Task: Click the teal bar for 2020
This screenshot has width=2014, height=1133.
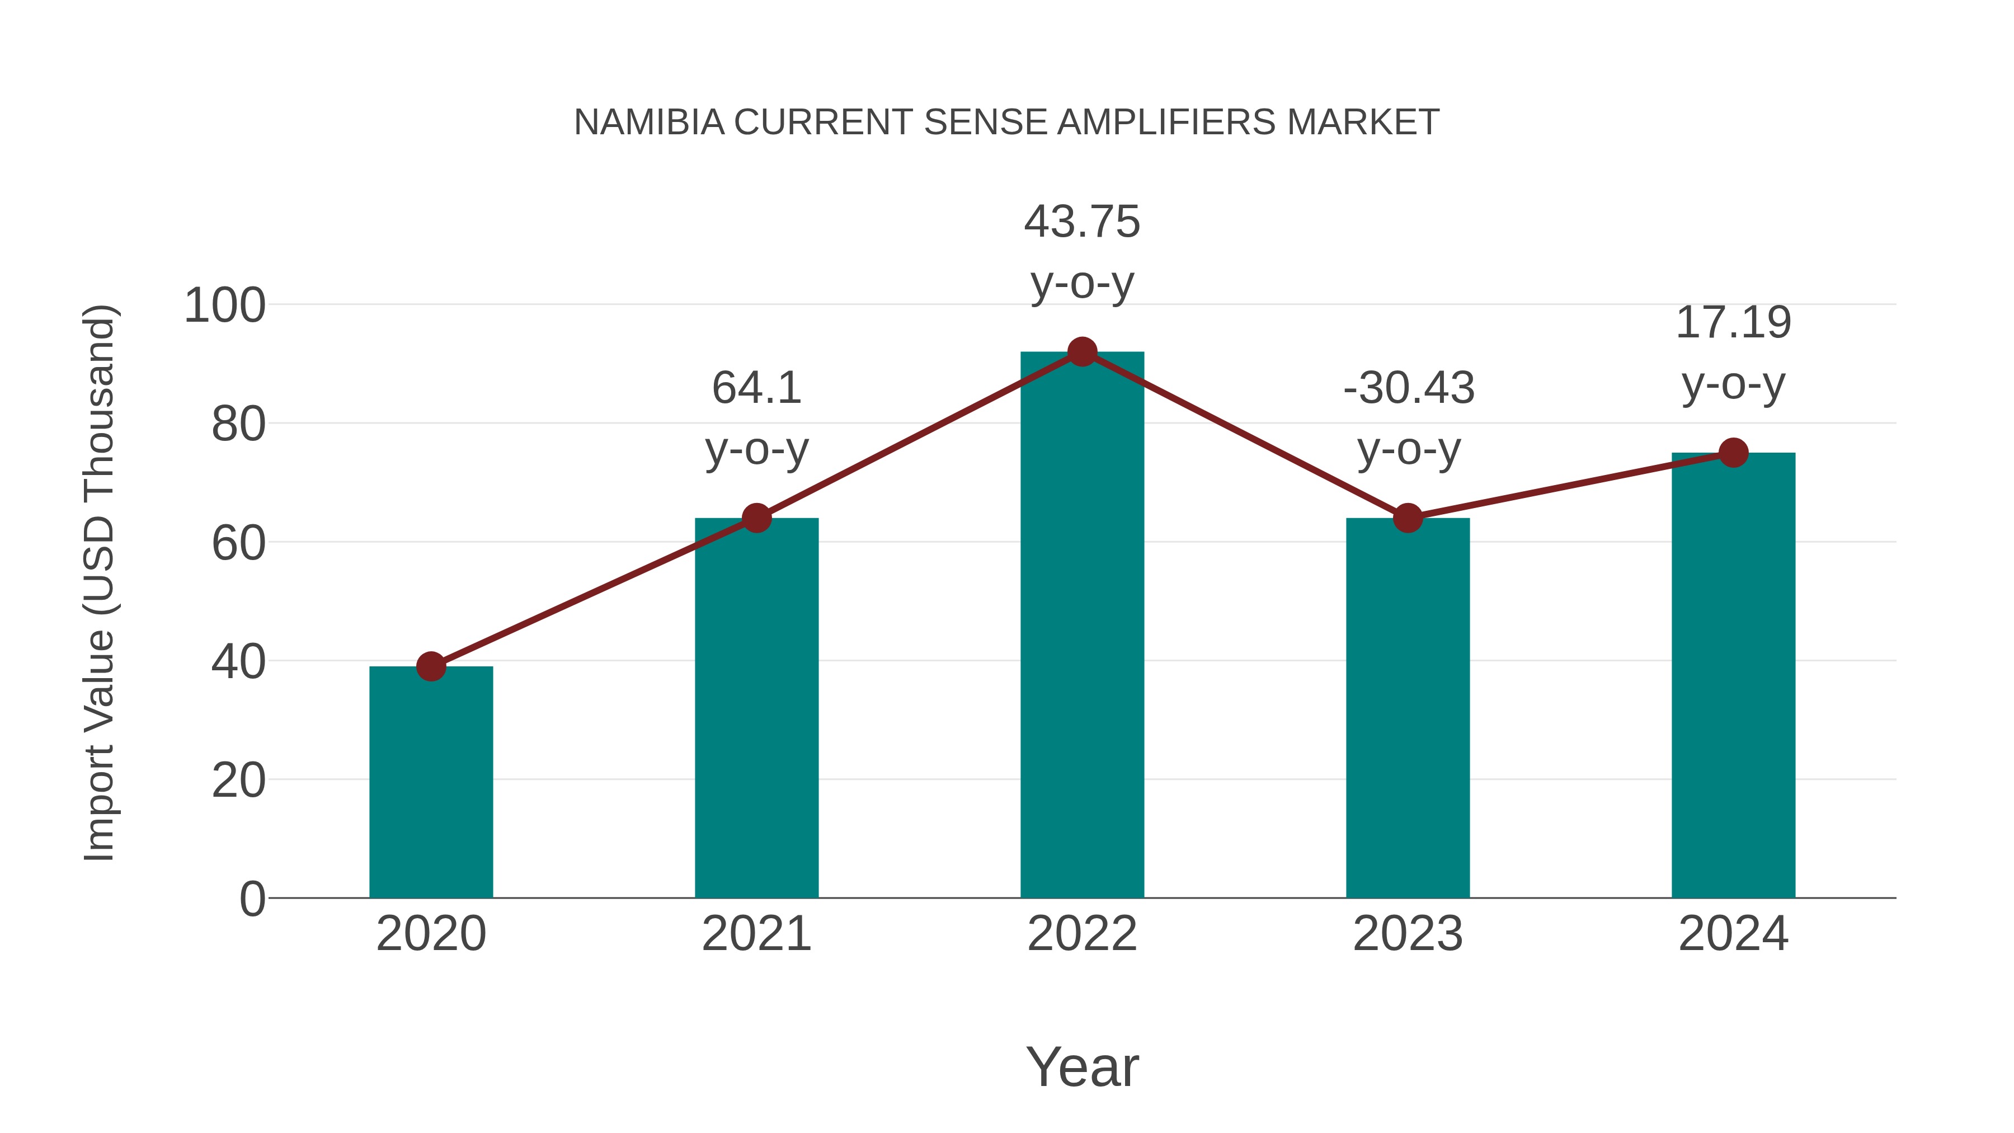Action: pyautogui.click(x=431, y=782)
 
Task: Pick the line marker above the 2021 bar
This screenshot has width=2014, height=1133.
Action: pyautogui.click(x=757, y=518)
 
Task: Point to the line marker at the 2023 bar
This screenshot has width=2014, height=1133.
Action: pyautogui.click(x=1408, y=518)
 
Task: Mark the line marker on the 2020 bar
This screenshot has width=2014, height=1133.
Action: pyautogui.click(x=431, y=666)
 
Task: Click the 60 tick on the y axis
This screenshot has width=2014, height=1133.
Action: pyautogui.click(x=238, y=543)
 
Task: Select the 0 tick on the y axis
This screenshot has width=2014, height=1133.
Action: pyautogui.click(x=252, y=899)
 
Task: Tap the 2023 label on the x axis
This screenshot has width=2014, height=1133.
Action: pyautogui.click(x=1408, y=934)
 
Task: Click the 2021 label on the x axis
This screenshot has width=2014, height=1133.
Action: pyautogui.click(x=757, y=934)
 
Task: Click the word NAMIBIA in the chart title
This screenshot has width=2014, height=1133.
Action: pyautogui.click(x=649, y=123)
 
